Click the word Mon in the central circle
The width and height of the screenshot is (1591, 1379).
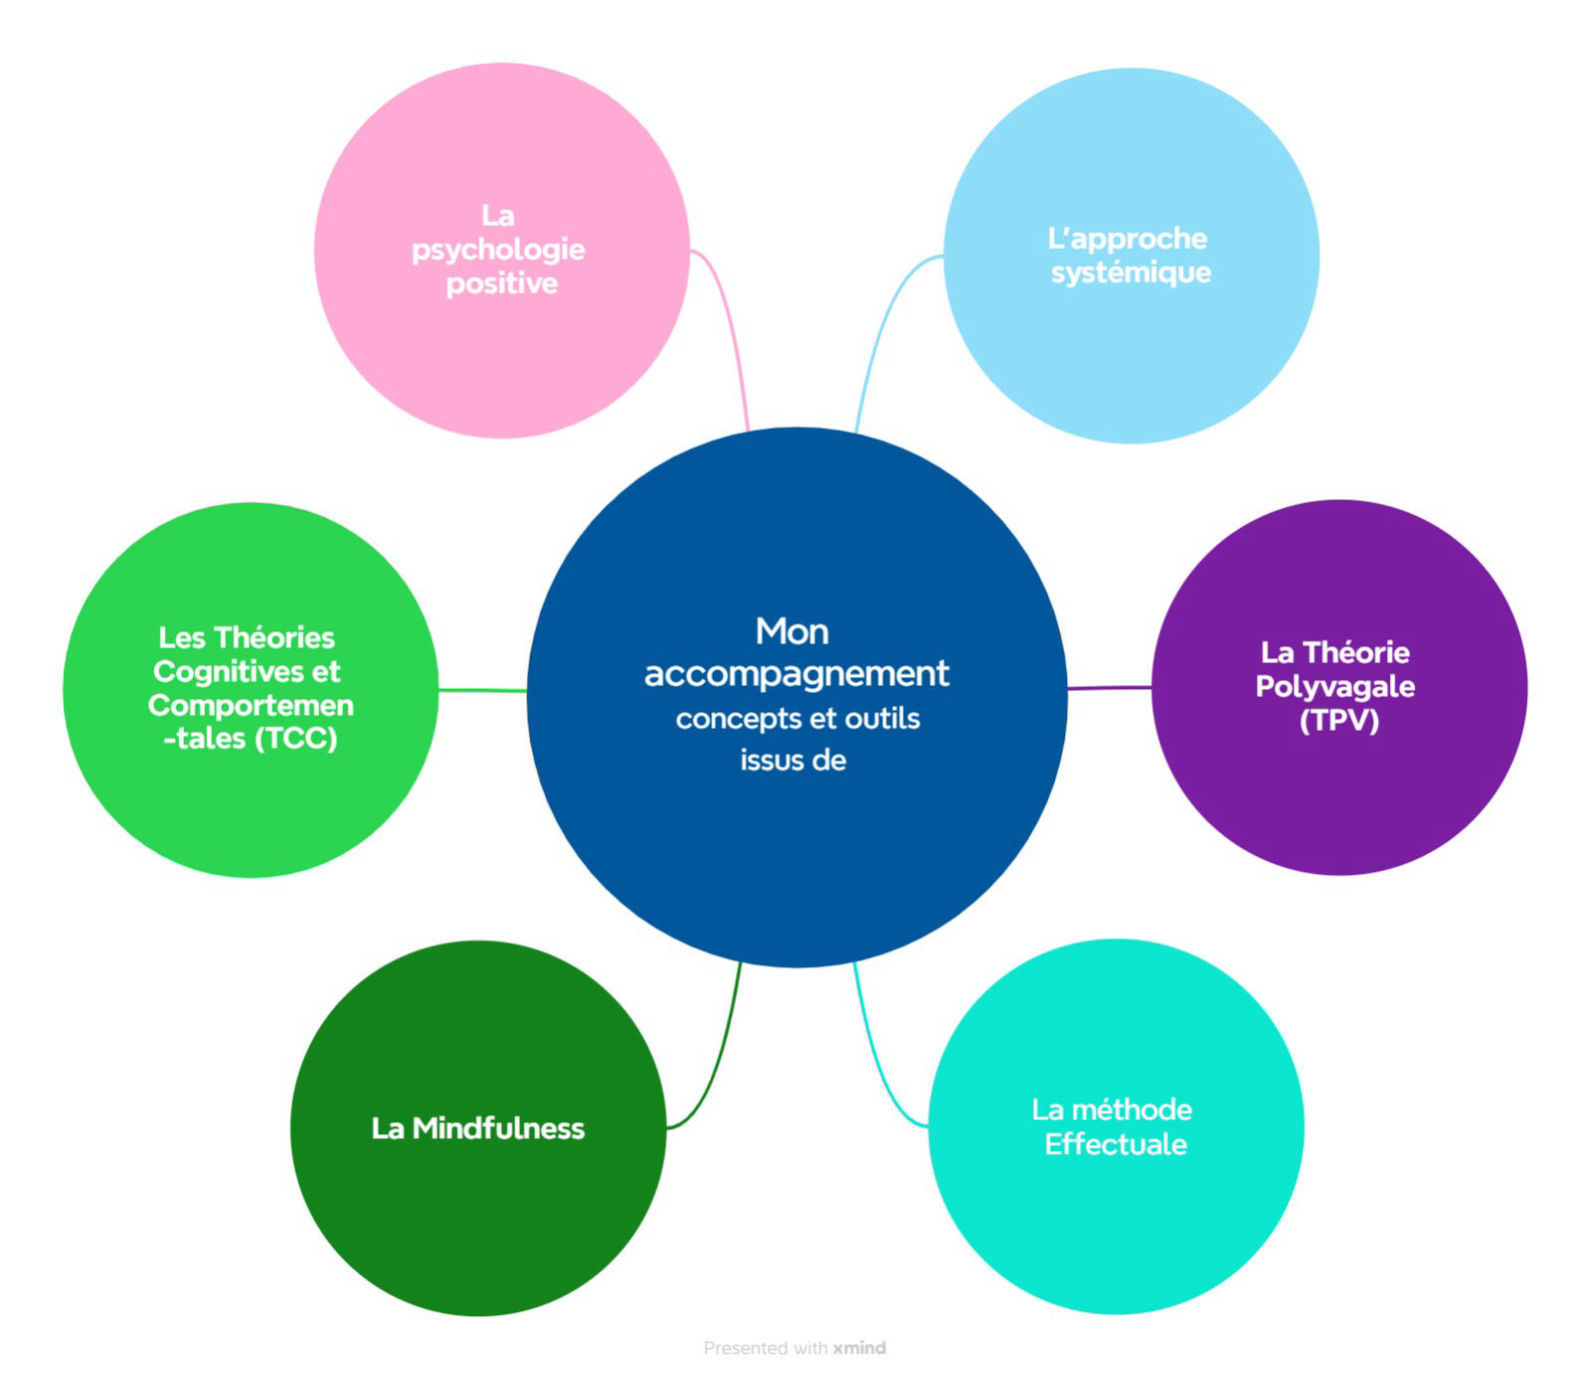[x=792, y=631]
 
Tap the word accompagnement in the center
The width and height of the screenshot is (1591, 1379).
[x=796, y=674]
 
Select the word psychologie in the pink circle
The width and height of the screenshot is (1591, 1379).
[x=498, y=250]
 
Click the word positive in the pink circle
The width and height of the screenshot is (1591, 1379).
[x=501, y=283]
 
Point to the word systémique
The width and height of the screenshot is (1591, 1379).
[x=1131, y=272]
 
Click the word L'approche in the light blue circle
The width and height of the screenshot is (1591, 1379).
[x=1127, y=239]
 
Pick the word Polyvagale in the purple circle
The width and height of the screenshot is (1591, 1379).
[x=1334, y=686]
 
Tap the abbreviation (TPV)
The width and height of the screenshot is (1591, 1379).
[x=1338, y=720]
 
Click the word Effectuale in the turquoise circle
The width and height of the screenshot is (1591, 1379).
[x=1115, y=1144]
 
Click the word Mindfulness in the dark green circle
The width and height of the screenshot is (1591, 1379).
[x=498, y=1128]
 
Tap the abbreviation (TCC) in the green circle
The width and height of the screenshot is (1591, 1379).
[x=296, y=739]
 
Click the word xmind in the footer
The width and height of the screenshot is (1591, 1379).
[x=859, y=1348]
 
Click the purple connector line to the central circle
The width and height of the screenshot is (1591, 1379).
[x=1109, y=687]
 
